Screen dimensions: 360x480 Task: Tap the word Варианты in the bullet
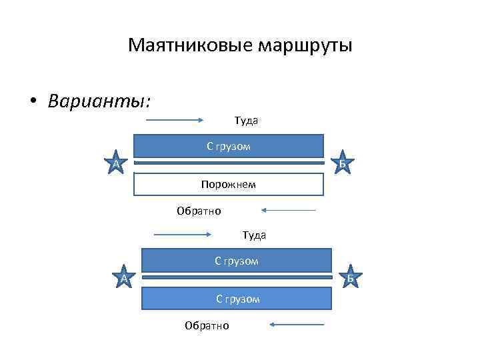tap(99, 101)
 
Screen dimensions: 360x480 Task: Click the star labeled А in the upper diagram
tap(115, 162)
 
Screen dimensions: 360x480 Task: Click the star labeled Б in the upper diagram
tap(342, 162)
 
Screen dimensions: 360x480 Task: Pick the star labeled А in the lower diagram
tap(124, 277)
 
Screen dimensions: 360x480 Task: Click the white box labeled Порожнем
tap(229, 184)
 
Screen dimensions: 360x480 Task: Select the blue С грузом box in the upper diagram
tap(229, 146)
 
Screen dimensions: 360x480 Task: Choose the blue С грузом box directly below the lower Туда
tap(237, 260)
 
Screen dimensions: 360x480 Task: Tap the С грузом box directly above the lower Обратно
tap(237, 299)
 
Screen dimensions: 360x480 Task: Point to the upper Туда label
tap(246, 121)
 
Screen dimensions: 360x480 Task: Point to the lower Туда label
tap(254, 235)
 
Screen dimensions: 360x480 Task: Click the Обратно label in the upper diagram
tap(199, 211)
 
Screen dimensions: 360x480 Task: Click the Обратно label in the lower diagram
tap(207, 325)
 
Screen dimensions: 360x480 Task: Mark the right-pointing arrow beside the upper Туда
tap(175, 121)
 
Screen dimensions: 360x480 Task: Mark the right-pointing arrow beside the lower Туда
tap(183, 235)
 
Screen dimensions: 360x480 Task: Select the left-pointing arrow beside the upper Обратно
tap(289, 211)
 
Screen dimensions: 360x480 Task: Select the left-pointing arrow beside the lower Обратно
tap(297, 325)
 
